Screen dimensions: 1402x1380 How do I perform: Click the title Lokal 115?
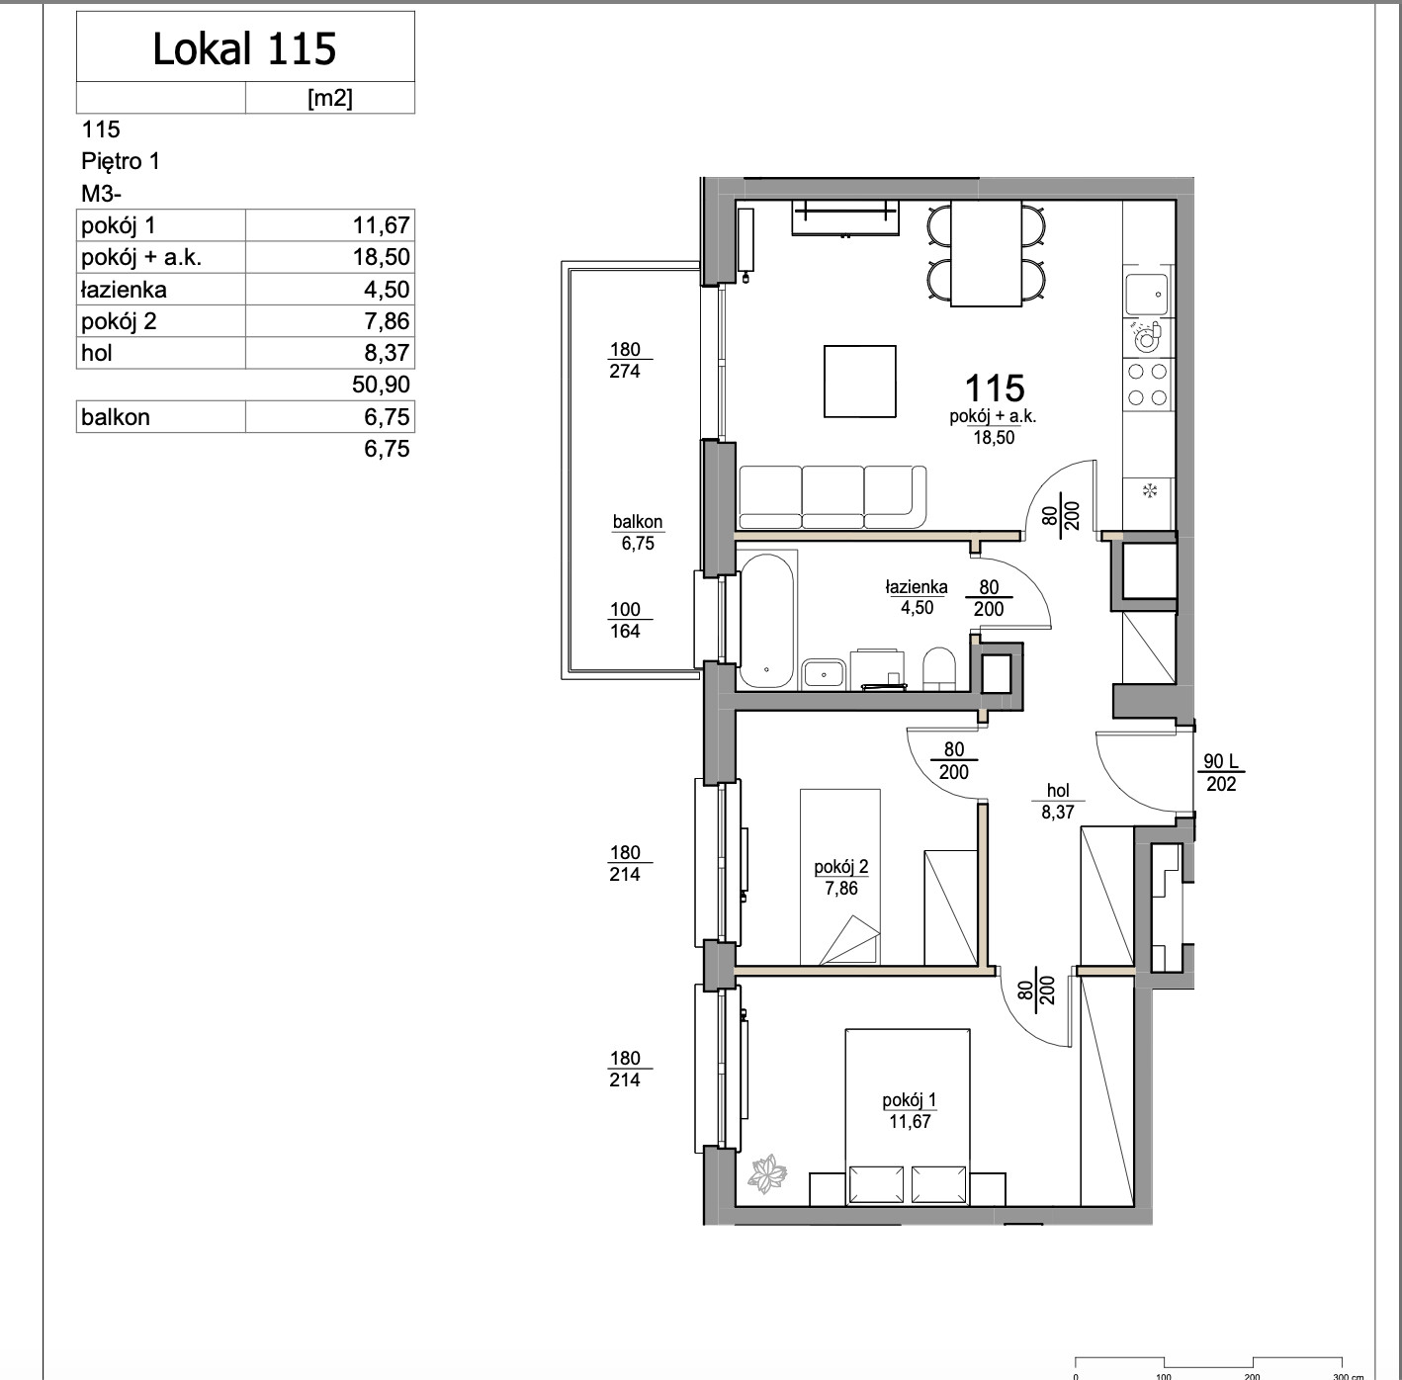click(x=244, y=48)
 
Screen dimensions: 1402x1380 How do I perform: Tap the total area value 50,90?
click(x=381, y=385)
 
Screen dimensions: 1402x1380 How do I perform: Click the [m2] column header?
click(x=329, y=98)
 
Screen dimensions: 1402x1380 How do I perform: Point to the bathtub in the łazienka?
click(x=767, y=621)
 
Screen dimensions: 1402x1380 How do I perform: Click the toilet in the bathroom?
click(x=938, y=668)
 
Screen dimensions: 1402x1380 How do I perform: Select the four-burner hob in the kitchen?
click(x=1147, y=385)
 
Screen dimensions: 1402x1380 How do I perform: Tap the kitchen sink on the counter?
click(x=1146, y=294)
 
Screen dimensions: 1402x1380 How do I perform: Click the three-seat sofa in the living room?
click(x=832, y=497)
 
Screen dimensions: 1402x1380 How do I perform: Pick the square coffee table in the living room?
click(x=859, y=382)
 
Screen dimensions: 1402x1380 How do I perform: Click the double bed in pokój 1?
click(x=908, y=1117)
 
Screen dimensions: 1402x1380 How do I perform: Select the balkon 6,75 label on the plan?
click(x=638, y=533)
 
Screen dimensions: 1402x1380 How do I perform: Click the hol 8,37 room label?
click(x=1057, y=801)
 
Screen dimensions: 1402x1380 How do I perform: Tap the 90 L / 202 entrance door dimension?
click(x=1220, y=773)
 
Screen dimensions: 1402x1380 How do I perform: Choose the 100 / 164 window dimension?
click(x=625, y=620)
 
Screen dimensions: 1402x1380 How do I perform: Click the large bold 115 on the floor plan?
click(x=995, y=388)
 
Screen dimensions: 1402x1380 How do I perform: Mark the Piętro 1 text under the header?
click(x=120, y=161)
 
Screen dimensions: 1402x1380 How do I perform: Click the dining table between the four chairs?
click(x=986, y=253)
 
